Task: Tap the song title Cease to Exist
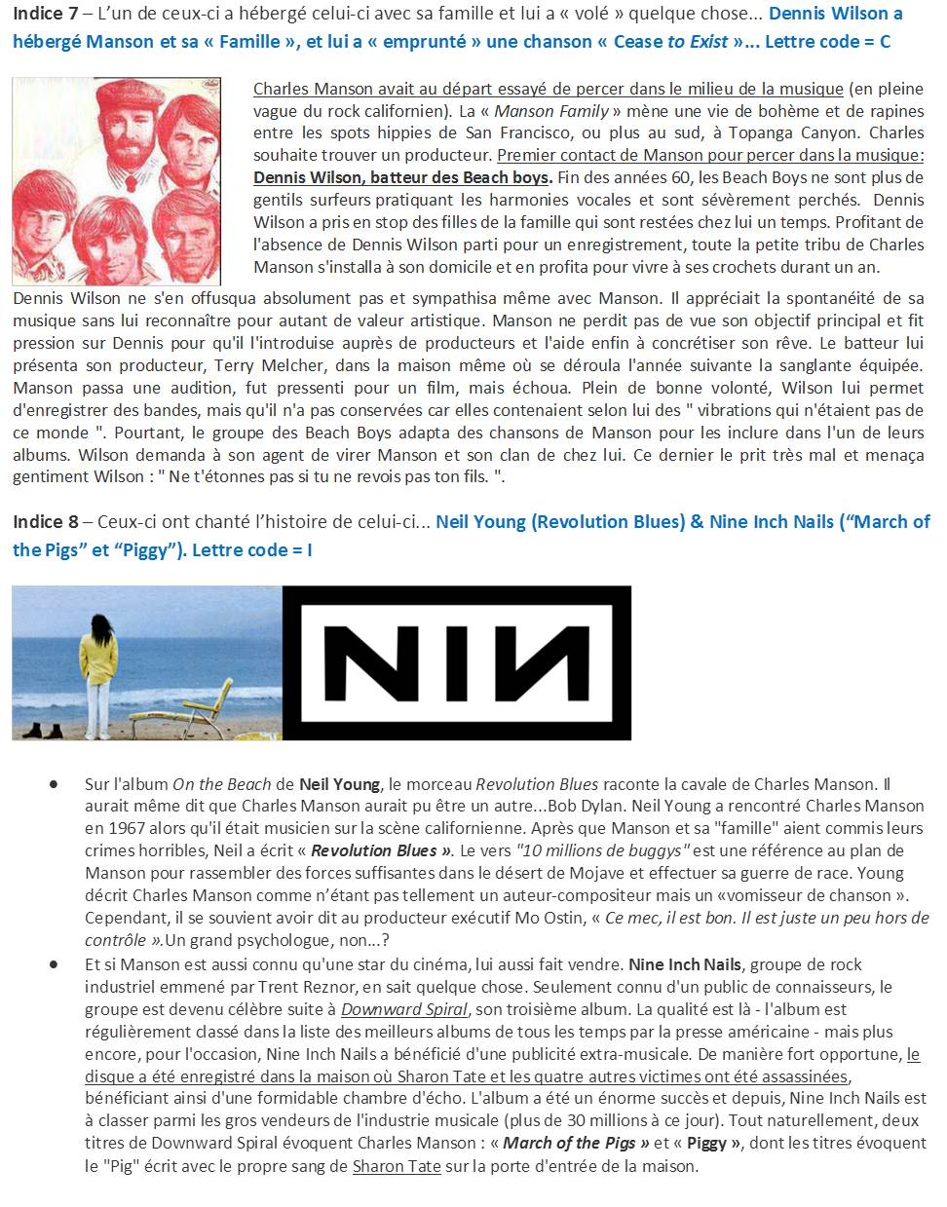670,42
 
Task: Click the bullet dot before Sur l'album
53,784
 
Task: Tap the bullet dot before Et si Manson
53,964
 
